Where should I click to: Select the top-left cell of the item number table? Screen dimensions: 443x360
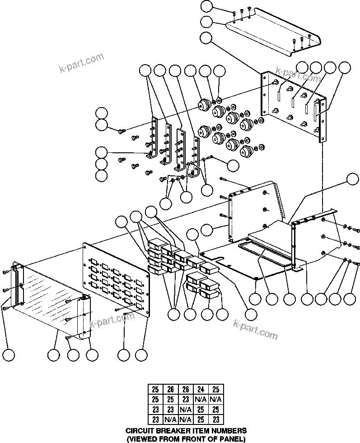point(155,389)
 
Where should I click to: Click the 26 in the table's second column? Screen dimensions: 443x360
point(170,389)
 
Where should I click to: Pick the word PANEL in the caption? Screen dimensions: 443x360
point(231,438)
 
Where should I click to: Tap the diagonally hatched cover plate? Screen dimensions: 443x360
point(45,294)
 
